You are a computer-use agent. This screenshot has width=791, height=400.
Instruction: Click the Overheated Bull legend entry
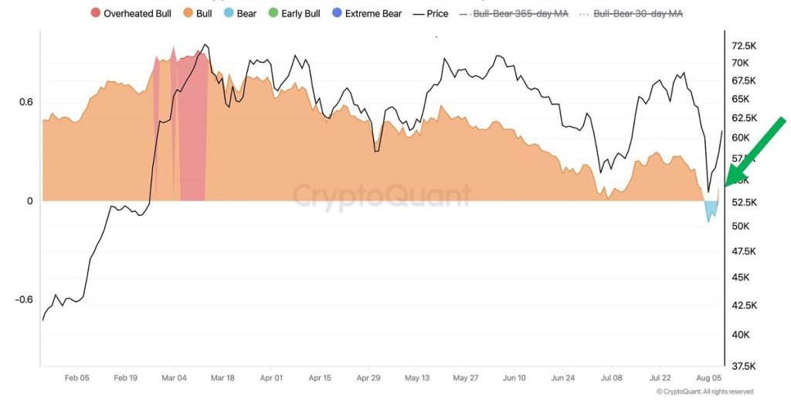131,14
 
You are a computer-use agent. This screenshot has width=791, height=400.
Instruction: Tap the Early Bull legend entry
296,14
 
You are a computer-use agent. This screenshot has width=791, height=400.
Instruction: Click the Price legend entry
430,14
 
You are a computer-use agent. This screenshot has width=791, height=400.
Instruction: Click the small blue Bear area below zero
712,210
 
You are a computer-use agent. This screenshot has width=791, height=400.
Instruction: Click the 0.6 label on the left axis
25,102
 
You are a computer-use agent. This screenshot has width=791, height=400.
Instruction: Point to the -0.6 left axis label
24,300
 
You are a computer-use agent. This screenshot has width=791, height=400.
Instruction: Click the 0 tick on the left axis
29,201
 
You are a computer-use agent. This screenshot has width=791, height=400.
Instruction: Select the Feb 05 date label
76,378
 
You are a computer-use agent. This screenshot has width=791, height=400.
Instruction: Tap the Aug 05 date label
708,378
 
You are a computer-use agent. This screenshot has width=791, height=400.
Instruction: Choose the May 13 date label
416,378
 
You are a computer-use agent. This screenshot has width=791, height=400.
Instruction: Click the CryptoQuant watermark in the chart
382,194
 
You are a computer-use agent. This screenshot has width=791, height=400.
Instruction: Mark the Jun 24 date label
562,378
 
